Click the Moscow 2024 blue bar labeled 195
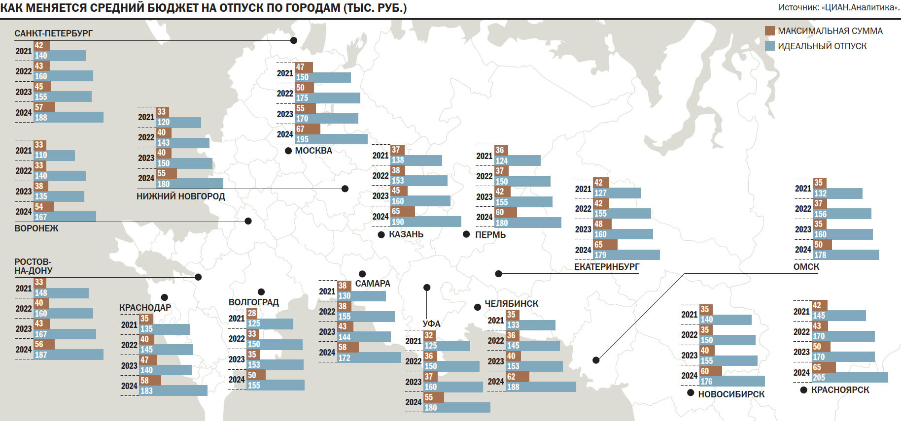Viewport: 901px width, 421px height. click(331, 139)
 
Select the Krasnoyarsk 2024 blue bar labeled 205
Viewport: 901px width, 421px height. click(850, 378)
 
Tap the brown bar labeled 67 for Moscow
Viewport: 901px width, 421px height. click(308, 129)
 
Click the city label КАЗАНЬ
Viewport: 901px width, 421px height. click(406, 234)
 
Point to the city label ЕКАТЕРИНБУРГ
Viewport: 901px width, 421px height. click(606, 267)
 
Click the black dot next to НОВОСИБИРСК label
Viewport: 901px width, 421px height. click(691, 393)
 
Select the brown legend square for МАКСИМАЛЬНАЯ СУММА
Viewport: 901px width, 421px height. click(769, 31)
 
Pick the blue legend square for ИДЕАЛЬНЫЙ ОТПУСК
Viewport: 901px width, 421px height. click(769, 46)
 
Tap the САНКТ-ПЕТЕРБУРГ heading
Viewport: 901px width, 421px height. click(53, 33)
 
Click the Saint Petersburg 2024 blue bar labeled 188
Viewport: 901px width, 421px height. click(69, 118)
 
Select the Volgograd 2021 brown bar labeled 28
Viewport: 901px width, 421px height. click(252, 313)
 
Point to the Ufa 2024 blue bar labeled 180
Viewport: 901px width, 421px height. click(457, 408)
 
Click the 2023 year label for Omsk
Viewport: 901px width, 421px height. click(802, 229)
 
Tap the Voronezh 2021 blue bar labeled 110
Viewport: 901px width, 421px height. click(54, 156)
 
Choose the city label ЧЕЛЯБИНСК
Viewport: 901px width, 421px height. click(511, 304)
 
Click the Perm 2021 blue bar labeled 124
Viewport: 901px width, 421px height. click(518, 161)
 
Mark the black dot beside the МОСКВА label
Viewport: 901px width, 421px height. click(288, 151)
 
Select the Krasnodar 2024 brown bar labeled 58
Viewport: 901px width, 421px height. click(150, 381)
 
